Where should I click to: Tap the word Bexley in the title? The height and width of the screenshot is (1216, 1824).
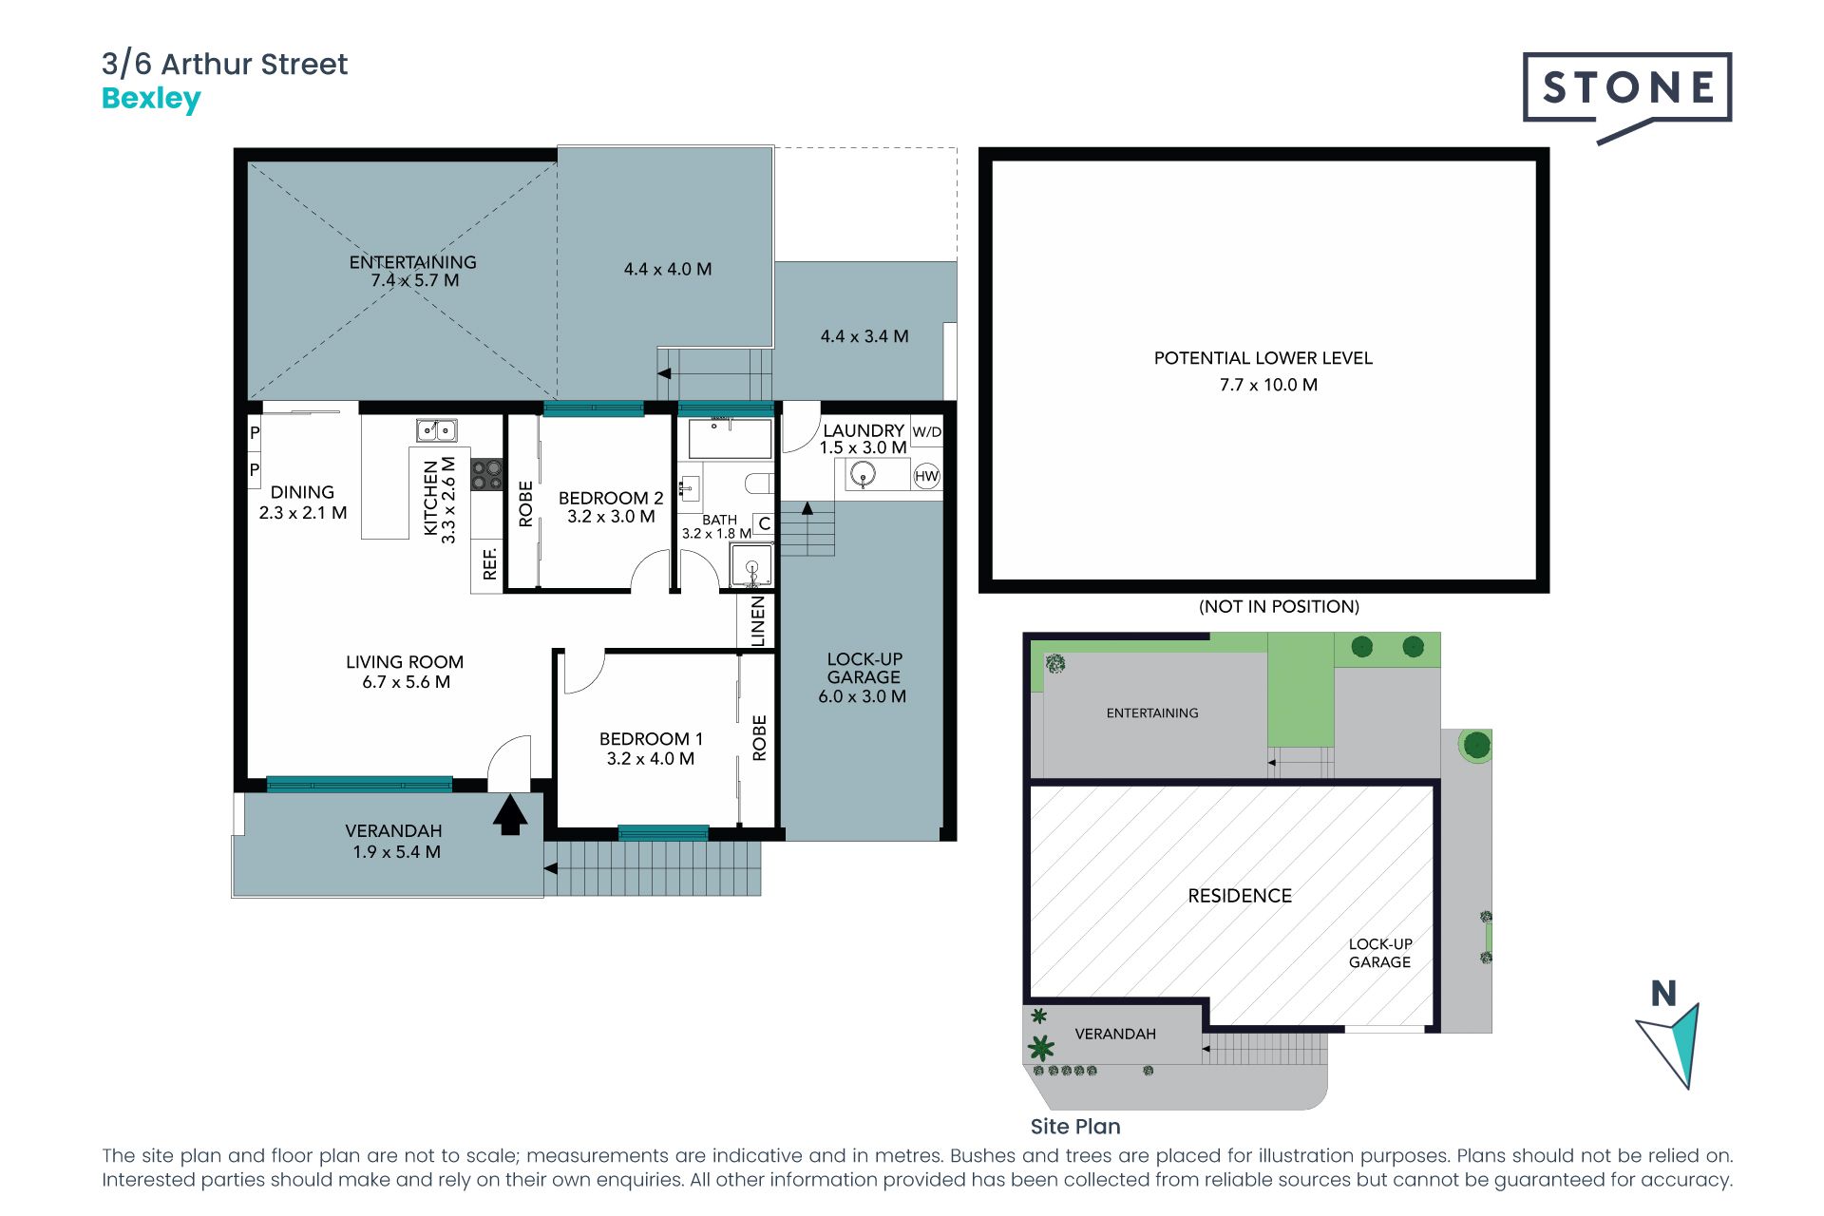(151, 99)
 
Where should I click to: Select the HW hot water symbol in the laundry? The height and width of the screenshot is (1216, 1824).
(926, 476)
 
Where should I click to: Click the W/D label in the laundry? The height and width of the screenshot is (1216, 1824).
(927, 432)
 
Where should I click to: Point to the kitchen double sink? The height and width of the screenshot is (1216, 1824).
(436, 430)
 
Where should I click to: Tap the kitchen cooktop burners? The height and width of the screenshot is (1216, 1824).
(486, 475)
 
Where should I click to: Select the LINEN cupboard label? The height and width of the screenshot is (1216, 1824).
(757, 621)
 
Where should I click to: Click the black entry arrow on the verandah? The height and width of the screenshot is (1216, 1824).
(510, 815)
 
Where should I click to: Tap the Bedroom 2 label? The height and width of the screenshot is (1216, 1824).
(611, 498)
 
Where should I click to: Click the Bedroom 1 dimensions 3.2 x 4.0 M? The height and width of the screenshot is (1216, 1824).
(651, 759)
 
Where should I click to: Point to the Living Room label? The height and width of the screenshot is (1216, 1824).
(405, 662)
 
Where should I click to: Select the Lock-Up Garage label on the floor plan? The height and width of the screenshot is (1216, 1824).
(864, 668)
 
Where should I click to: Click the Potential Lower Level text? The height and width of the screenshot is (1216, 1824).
(1263, 358)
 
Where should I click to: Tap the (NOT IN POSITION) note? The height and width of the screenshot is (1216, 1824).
(1279, 607)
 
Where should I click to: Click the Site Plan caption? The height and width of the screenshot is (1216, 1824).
(1075, 1127)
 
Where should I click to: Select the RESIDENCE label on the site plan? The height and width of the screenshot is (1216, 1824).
(1240, 896)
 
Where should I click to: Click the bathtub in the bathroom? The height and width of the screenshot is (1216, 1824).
(730, 439)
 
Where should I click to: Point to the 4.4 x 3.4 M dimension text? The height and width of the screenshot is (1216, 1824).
(864, 336)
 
